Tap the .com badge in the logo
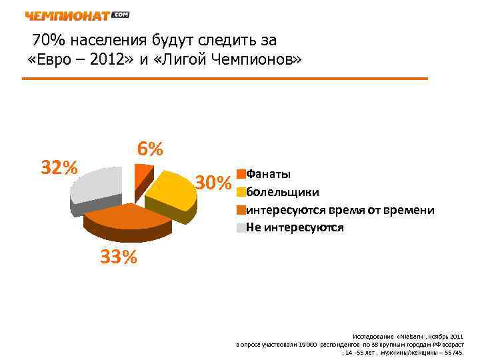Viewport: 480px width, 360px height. point(121,14)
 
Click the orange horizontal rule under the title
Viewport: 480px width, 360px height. point(225,79)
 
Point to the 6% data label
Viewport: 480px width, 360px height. point(151,149)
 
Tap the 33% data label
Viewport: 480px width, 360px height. point(119,257)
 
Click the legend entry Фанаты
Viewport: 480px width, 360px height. point(268,174)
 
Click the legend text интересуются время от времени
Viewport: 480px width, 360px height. point(340,210)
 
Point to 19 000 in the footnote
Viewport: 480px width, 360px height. point(309,344)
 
